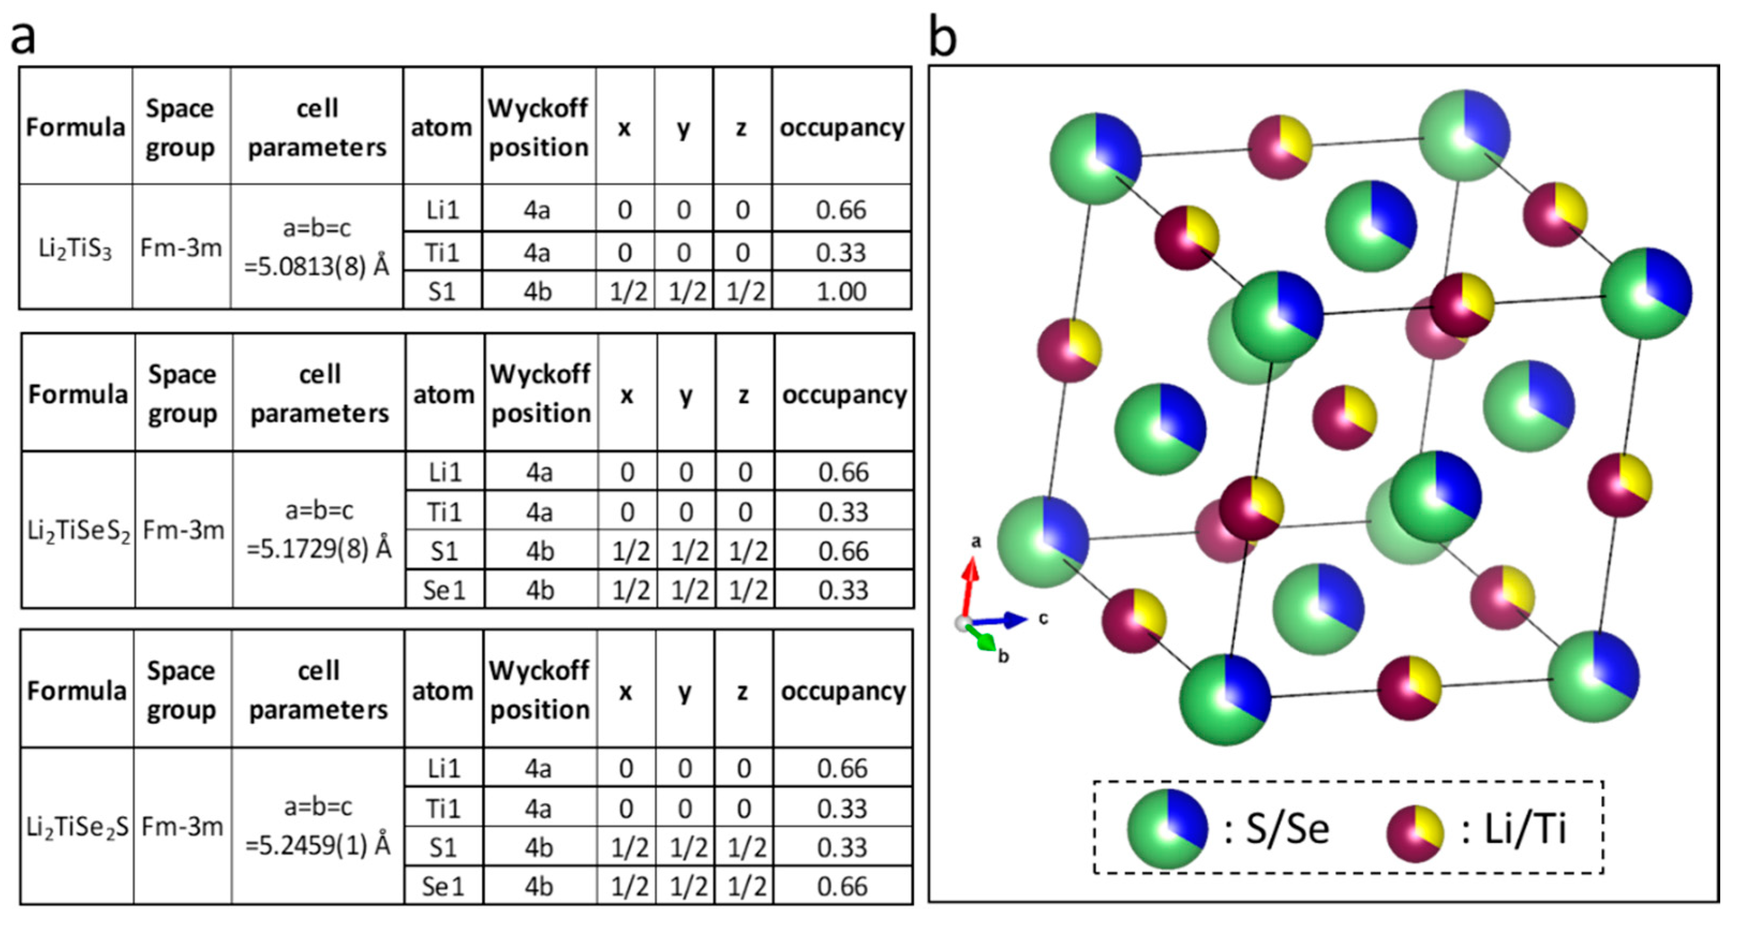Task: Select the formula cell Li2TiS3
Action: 75,249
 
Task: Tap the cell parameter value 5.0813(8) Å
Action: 316,266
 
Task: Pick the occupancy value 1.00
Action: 841,291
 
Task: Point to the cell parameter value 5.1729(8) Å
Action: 318,549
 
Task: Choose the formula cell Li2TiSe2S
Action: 77,827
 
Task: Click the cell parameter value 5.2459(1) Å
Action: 318,845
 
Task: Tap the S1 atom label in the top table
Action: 442,291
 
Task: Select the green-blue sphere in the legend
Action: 1167,828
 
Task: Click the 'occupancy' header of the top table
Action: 842,127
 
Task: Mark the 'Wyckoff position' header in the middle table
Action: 540,393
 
